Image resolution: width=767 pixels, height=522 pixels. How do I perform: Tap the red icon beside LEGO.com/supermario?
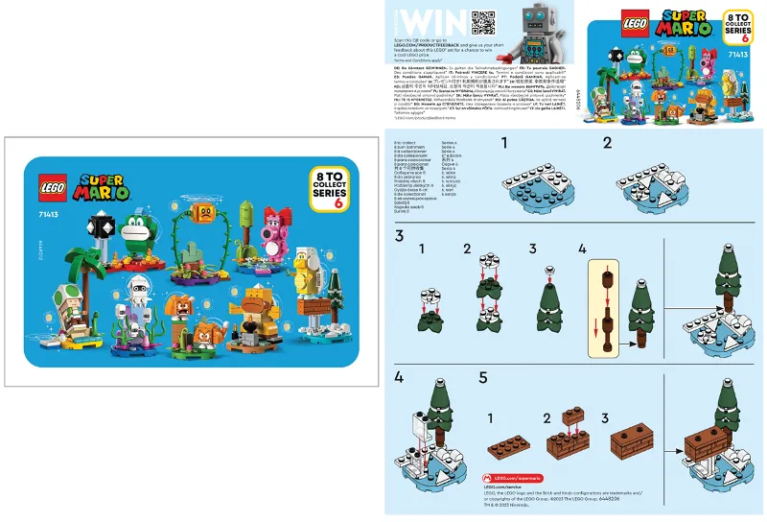(488, 477)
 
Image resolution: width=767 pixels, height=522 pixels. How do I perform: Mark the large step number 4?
(400, 378)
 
